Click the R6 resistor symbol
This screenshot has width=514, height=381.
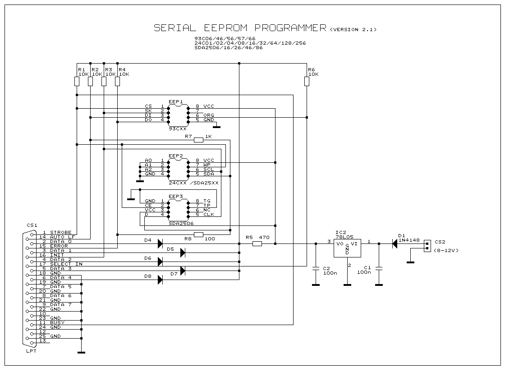pos(307,81)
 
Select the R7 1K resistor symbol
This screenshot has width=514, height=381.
pos(199,140)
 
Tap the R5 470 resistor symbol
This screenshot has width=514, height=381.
pos(257,243)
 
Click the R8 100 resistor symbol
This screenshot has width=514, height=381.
pos(199,234)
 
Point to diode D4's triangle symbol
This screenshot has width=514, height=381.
pos(161,243)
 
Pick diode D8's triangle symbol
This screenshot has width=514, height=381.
pos(161,280)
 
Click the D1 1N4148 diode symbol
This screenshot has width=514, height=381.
pos(395,243)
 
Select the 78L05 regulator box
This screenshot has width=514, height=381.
pos(347,248)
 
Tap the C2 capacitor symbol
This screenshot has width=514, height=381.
pos(316,269)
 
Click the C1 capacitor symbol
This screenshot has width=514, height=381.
pos(379,269)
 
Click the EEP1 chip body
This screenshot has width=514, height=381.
pos(179,115)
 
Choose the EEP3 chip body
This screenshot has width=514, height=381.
pos(179,210)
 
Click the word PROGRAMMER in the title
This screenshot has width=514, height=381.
pos(290,28)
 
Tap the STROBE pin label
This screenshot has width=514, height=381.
pos(61,233)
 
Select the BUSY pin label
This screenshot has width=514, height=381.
pos(57,323)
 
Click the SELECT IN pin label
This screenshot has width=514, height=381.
pos(66,264)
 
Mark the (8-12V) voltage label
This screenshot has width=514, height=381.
pos(446,251)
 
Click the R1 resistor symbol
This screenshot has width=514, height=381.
pos(77,81)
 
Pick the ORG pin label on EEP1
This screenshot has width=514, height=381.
pos(209,115)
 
